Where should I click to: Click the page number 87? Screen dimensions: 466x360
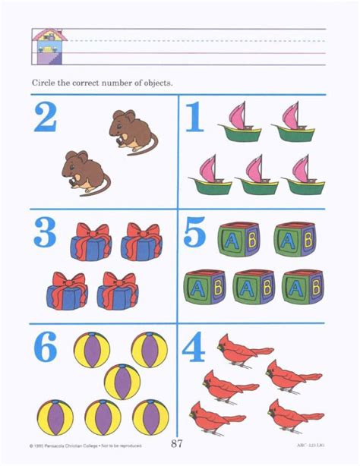180,443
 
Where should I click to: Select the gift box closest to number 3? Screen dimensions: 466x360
90,241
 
